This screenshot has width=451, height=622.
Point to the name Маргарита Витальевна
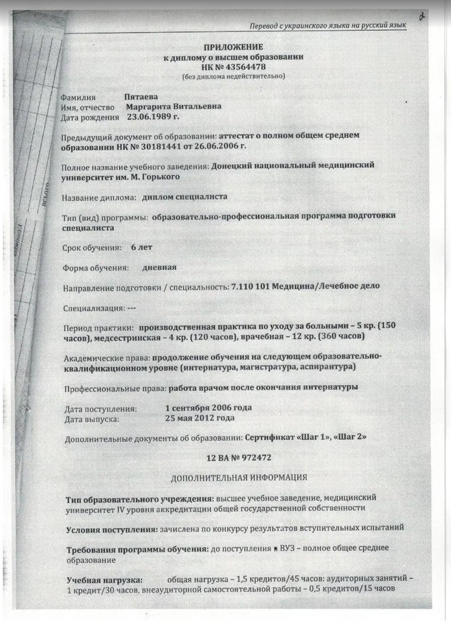tap(173, 106)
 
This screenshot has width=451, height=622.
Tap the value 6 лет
tap(141, 247)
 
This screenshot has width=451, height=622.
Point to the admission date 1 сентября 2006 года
tap(208, 408)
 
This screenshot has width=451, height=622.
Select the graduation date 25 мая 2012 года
tap(200, 418)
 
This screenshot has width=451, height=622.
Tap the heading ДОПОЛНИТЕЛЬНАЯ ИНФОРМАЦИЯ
tap(239, 478)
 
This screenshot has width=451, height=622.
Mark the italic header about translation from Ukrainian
tap(328, 25)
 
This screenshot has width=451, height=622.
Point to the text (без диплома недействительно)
tap(233, 76)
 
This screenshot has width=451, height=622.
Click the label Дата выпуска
tap(92, 419)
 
